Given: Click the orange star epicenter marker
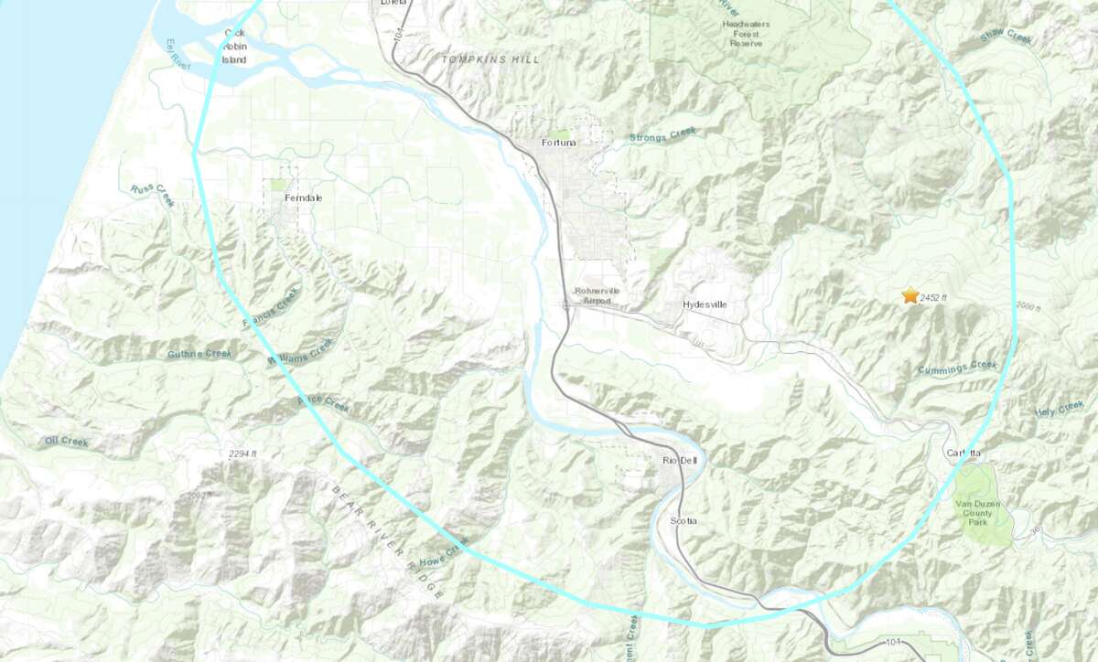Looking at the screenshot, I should click(x=910, y=295).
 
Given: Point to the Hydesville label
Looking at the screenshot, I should click(x=705, y=304).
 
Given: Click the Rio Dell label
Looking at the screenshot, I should click(x=679, y=461).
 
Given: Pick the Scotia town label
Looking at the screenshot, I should click(x=684, y=520).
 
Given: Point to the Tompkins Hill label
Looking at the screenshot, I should click(x=490, y=59).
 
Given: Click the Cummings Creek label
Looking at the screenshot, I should click(x=956, y=367).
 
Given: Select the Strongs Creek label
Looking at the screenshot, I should click(x=662, y=135).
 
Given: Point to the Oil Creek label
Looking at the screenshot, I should click(x=66, y=442).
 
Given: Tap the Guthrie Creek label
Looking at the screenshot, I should click(x=200, y=354).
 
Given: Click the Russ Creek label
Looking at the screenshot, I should click(x=152, y=195).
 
